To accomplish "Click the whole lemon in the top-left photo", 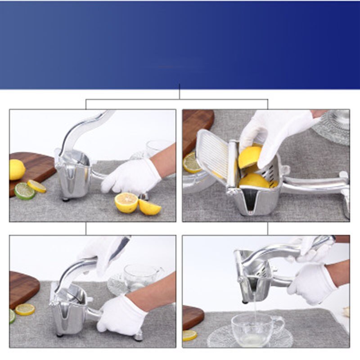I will click(17, 170).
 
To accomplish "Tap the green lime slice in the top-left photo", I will click(25, 191).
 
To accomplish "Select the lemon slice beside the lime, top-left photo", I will click(36, 186).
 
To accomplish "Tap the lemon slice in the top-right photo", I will click(192, 163).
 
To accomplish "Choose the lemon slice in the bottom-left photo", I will click(25, 309).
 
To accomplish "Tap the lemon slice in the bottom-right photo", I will click(189, 335).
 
